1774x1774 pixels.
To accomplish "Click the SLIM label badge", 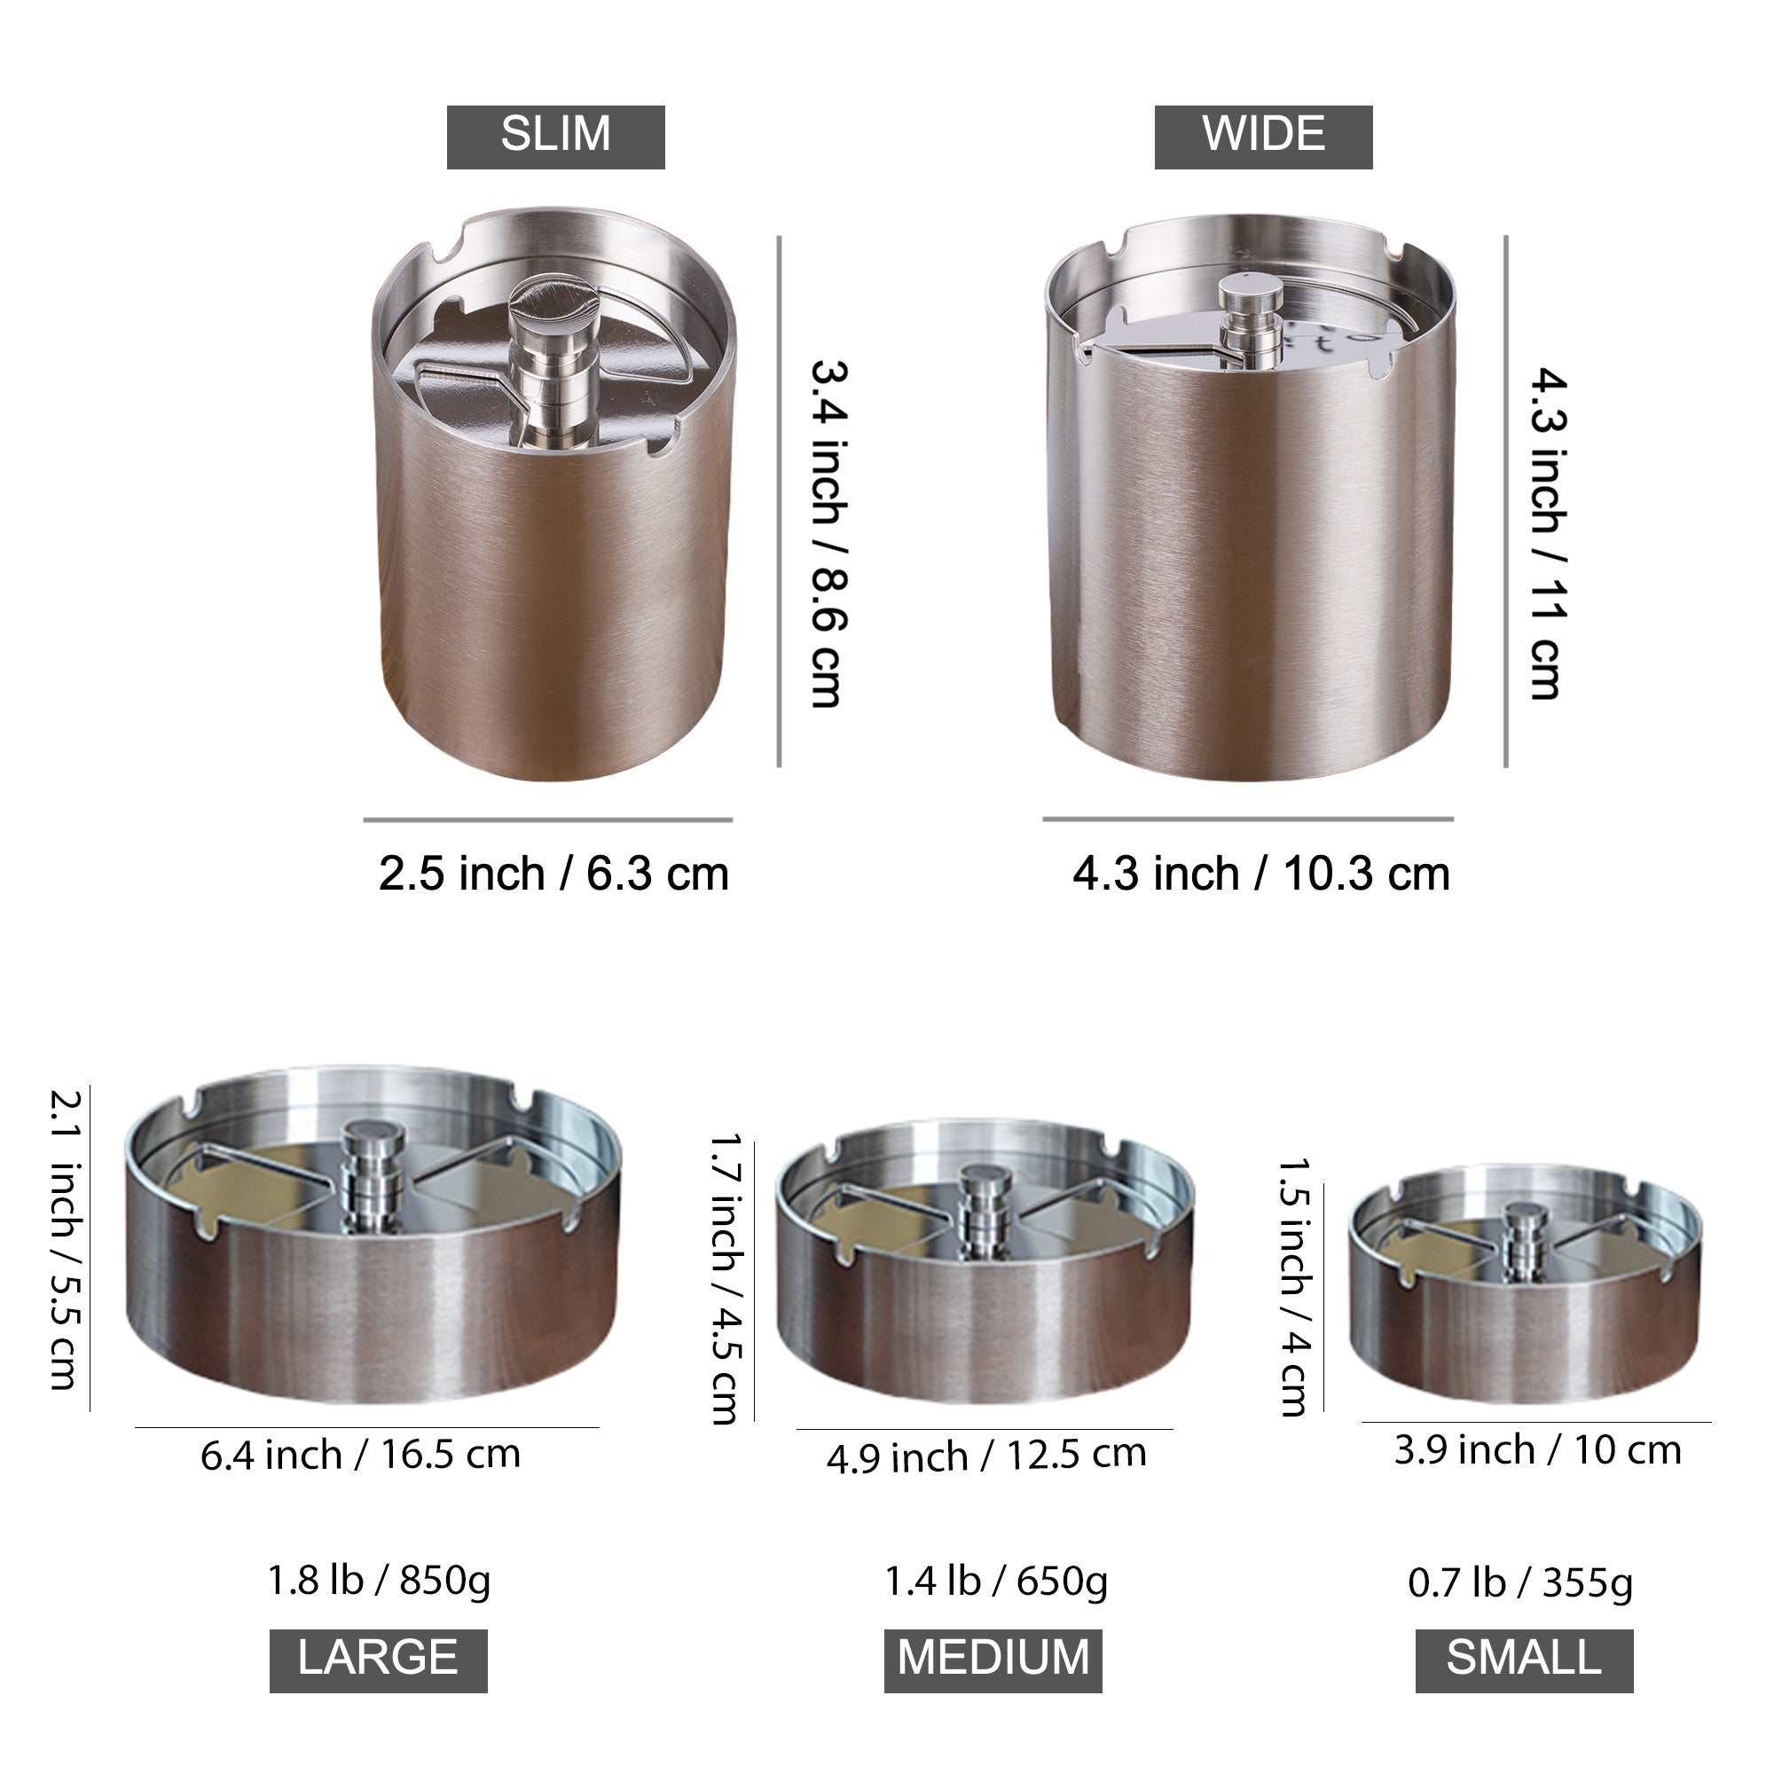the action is [x=555, y=137].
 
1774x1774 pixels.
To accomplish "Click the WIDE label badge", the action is [x=1263, y=137].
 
